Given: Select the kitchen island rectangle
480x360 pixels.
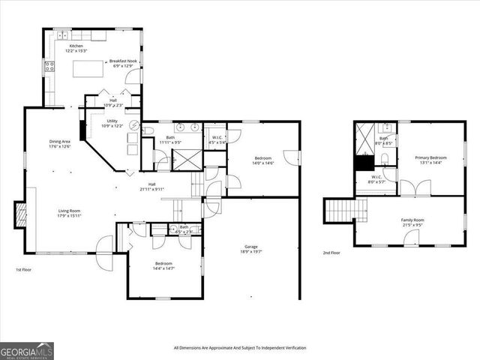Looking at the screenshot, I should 88,69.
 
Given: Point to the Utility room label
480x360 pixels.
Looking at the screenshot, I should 112,123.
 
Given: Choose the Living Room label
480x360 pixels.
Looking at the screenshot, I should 70,213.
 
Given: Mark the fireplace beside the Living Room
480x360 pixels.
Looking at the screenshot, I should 21,215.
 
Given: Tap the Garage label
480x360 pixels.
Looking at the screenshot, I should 251,249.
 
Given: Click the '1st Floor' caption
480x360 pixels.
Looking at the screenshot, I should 24,269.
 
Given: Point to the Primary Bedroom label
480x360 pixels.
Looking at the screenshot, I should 430,160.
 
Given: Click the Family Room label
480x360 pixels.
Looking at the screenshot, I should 412,221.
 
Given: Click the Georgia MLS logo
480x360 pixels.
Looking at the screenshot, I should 25,350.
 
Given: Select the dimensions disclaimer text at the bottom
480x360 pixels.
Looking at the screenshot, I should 240,347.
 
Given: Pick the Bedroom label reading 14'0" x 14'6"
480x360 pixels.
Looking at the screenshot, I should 262,160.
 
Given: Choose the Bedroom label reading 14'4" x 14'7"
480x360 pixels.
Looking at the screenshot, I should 163,265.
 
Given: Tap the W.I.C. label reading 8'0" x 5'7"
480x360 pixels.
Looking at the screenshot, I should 376,179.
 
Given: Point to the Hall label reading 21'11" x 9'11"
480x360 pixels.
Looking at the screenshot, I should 151,187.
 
